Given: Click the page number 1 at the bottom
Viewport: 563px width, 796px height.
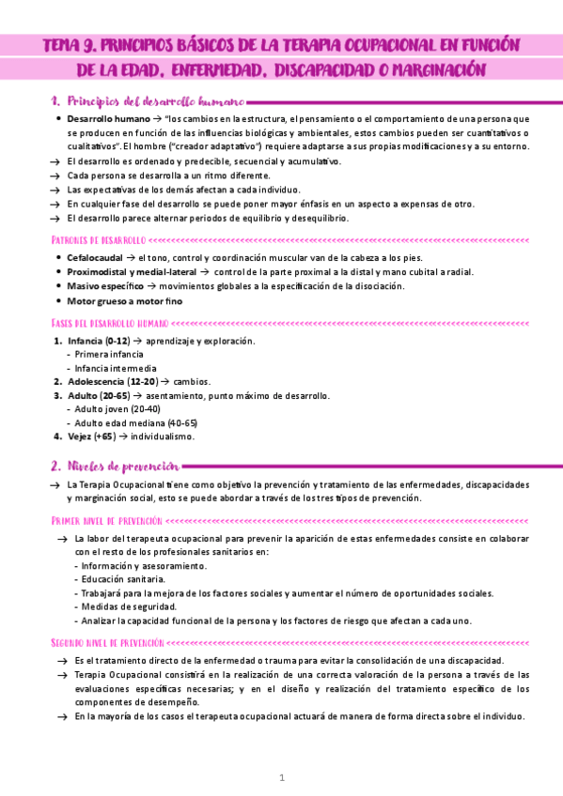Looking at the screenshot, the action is pos(281,778).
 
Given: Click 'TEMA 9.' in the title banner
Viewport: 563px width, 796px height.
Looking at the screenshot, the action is pos(71,46).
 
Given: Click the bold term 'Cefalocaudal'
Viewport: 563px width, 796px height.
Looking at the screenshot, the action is pos(95,256).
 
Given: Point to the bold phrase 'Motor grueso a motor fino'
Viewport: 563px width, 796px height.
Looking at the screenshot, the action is pos(125,301).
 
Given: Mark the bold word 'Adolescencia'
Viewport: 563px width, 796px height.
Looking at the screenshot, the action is pos(95,382).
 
